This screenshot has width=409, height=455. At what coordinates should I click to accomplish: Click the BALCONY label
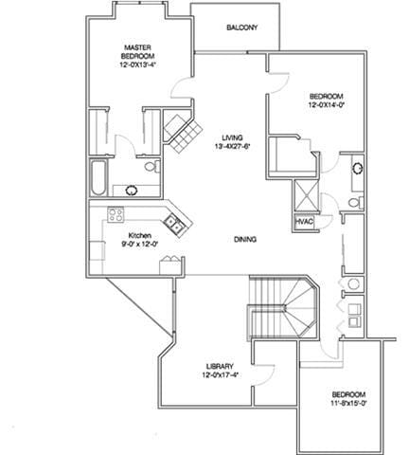point(242,27)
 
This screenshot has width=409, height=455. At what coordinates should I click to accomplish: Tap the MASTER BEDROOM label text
point(138,52)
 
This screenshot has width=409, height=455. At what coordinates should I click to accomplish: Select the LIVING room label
point(232,137)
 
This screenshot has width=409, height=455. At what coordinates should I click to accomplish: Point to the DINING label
point(245,240)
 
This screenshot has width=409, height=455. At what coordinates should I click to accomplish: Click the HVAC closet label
point(304,222)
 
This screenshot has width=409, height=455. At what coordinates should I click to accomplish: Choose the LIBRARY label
point(220,367)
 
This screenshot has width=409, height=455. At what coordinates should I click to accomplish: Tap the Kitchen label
point(140,236)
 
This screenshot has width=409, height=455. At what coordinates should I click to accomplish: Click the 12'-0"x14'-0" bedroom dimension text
point(326,104)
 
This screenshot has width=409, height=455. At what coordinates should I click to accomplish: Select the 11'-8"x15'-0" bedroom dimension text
point(348,403)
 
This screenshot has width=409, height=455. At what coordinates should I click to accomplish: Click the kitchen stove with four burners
point(116,215)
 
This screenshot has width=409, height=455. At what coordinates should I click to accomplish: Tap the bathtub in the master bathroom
point(98,178)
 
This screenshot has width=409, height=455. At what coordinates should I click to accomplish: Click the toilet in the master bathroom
point(152,167)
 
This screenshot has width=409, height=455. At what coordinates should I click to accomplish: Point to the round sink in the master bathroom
point(132,191)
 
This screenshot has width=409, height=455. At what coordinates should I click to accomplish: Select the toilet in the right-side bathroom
point(356,202)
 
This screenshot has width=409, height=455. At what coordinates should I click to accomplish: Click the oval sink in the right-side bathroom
point(358,168)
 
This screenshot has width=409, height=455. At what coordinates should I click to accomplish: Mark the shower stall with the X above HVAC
point(306,196)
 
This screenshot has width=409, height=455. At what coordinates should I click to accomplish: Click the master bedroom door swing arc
point(177,85)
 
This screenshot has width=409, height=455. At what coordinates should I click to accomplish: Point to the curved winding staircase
point(283,307)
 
